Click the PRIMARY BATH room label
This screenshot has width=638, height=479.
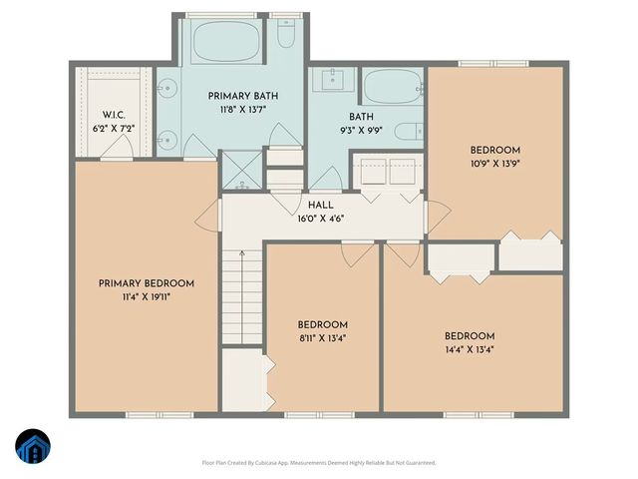point(242,96)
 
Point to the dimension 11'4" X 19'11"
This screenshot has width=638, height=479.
point(146,297)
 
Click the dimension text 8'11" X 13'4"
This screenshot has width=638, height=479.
point(322,338)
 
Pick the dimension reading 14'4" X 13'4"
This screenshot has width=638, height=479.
point(470,349)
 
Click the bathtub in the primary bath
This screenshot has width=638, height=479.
point(224,42)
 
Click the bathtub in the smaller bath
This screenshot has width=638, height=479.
point(392,87)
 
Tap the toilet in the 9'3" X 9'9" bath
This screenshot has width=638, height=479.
point(408,131)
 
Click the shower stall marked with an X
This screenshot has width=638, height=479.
point(241,169)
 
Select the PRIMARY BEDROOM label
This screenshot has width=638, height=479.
point(146,283)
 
